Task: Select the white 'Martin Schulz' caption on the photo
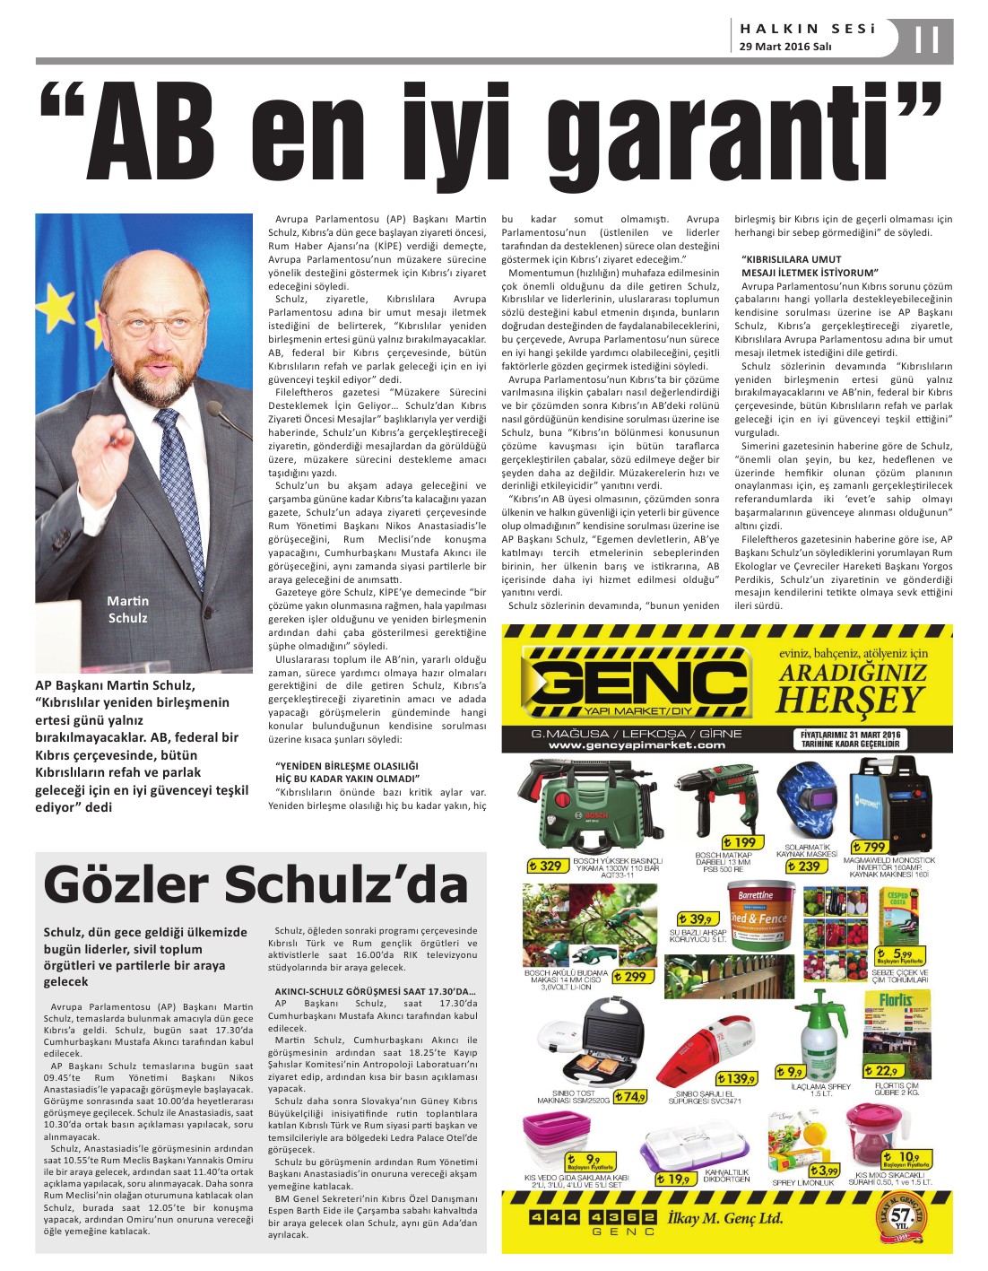click(127, 609)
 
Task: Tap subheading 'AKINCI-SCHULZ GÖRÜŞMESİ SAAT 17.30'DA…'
click(375, 991)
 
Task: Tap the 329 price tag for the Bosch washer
click(547, 866)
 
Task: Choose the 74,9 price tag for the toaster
click(631, 1096)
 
